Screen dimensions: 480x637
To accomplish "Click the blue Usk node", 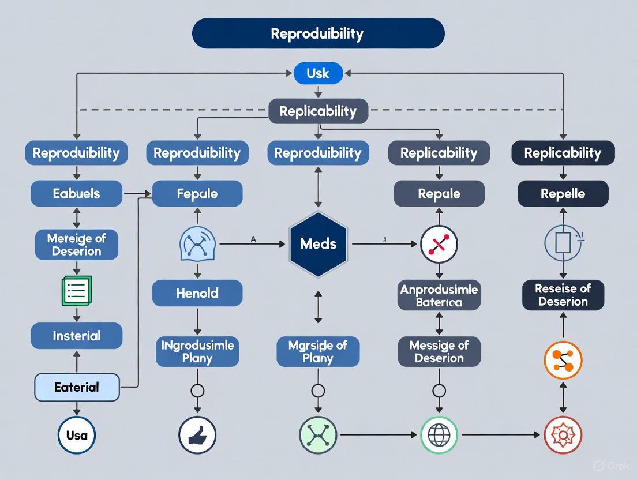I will pos(318,73).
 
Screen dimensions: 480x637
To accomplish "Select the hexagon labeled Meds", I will pos(318,244).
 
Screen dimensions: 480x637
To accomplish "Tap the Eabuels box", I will pos(76,194).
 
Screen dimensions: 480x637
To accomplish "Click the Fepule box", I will pos(197,194).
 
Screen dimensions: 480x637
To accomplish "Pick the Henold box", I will pos(197,293).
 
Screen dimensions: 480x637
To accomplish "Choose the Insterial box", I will pos(76,336).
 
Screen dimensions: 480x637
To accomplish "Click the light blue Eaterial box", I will pos(77,387).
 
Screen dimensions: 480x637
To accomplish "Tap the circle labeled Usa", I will pos(77,435).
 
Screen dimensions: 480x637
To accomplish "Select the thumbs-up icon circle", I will pos(197,435).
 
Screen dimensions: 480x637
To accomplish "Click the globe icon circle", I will pos(439,435).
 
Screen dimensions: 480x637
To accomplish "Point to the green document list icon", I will pos(76,290).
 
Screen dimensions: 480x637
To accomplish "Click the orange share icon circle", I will pos(563,360).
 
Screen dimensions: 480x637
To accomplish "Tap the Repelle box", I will pos(563,194).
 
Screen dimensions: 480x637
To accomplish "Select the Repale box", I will pos(439,194).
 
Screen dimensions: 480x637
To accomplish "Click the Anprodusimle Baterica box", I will pos(439,295).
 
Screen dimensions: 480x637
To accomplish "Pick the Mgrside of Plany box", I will pos(318,351).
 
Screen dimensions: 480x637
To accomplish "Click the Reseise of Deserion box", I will pos(563,295).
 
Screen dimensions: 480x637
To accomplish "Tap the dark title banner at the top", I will pos(318,33).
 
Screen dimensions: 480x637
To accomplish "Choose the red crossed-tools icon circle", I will pos(439,244).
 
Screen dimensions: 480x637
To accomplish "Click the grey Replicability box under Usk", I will pos(318,111).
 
